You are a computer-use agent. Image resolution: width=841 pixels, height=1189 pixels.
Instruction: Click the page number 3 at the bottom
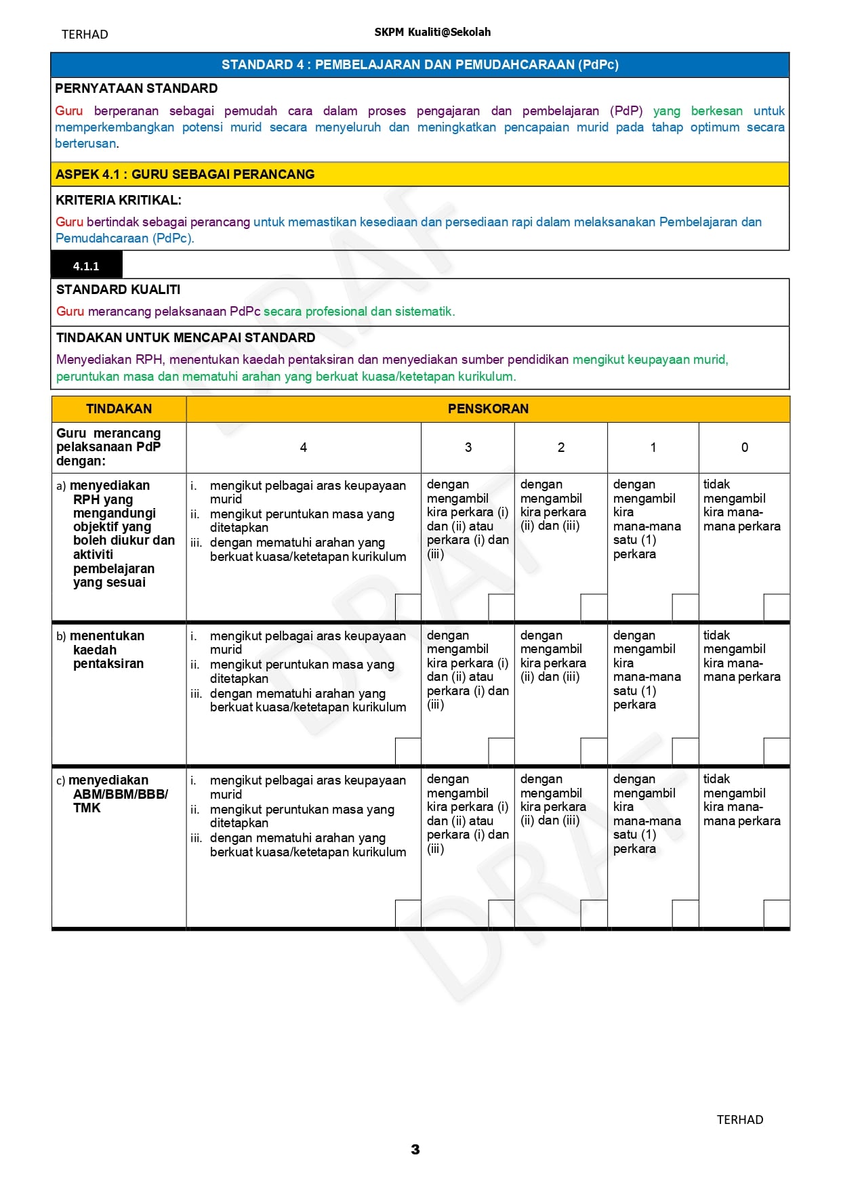tap(415, 1149)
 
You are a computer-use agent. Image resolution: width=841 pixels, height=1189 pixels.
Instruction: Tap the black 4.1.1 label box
tap(86, 266)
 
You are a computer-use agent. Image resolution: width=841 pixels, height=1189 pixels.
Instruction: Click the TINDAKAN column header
tap(119, 409)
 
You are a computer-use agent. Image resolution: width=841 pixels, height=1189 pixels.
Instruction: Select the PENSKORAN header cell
tap(488, 409)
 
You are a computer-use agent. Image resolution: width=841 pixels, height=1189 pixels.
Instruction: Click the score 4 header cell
tap(303, 447)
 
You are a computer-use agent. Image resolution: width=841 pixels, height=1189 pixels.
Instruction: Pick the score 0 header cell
tap(744, 447)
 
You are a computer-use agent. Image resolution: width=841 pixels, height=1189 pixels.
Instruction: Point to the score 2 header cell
tap(560, 447)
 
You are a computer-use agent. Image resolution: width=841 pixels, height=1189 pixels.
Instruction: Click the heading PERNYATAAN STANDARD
tap(136, 88)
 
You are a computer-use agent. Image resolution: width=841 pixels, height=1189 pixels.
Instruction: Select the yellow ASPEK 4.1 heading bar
tap(419, 174)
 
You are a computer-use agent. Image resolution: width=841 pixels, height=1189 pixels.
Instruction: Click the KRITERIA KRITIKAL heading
tap(119, 200)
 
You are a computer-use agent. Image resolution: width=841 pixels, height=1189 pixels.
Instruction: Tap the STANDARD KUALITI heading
tap(118, 289)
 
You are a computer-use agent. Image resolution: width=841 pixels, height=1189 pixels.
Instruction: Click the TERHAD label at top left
tap(85, 34)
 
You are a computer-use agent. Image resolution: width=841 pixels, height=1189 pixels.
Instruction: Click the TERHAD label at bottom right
tap(740, 1119)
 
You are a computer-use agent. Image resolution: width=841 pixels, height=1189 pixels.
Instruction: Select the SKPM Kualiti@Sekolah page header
tap(432, 32)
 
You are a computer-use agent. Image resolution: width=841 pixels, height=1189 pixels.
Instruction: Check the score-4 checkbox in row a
tap(408, 607)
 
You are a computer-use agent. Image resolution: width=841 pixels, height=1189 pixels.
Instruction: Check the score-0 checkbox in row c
tap(777, 913)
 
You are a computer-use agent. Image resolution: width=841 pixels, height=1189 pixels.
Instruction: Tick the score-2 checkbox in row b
tap(594, 751)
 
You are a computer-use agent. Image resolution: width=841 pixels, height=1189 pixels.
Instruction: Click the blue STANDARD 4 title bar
tap(419, 64)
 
